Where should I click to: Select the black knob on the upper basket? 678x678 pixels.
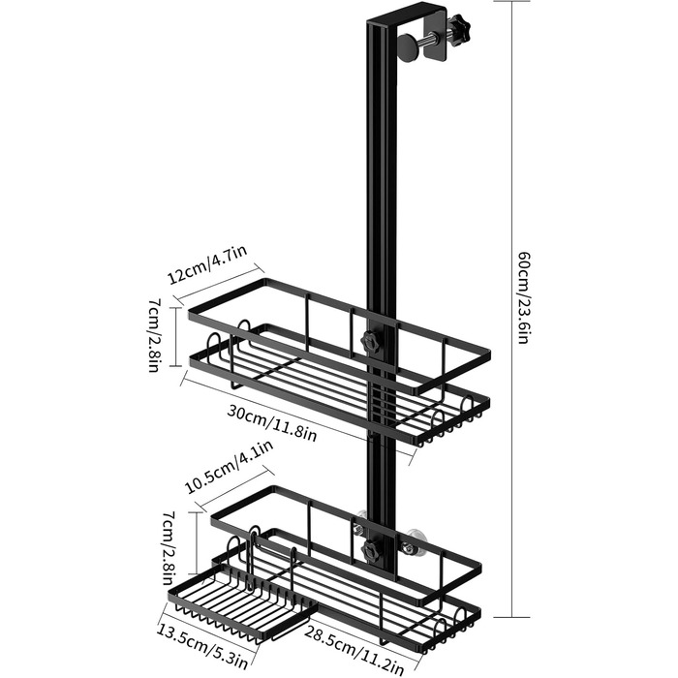[x=369, y=342]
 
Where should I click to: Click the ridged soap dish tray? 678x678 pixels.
[x=241, y=601]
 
